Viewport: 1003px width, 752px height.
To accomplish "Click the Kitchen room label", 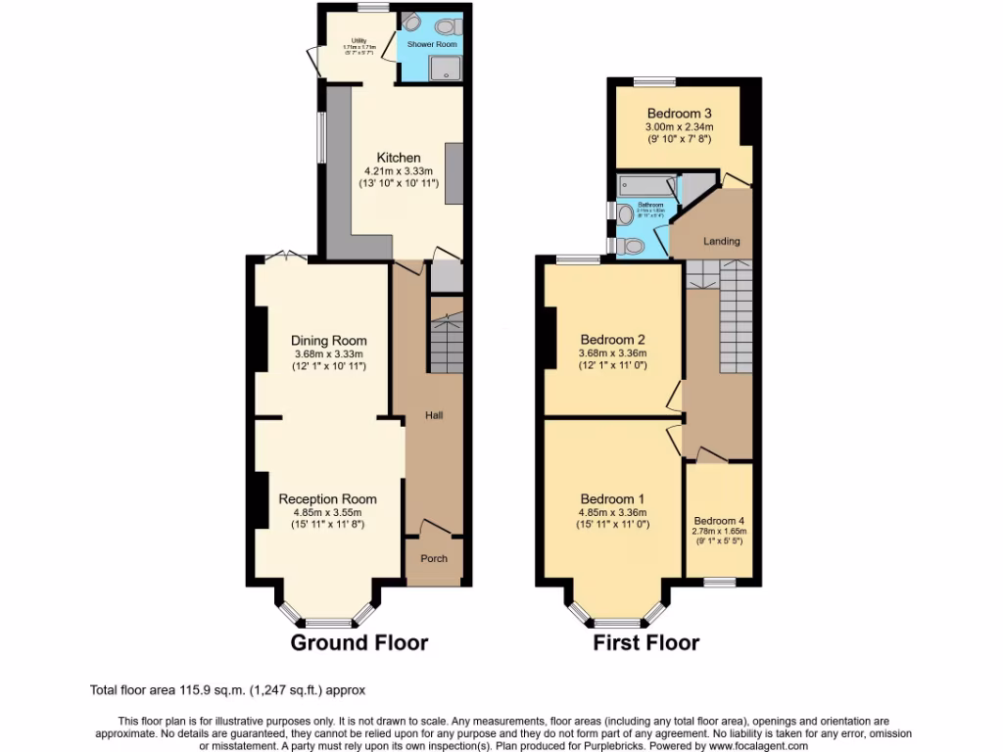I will click(x=399, y=158).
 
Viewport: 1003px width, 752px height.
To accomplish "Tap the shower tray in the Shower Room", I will click(x=446, y=67).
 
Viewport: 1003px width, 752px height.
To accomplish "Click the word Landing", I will click(x=722, y=241).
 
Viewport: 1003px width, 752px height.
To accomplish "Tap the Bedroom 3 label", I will click(x=678, y=113).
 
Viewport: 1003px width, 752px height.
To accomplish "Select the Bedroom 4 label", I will click(x=719, y=521).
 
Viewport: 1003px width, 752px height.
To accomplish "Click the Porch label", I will click(x=434, y=559).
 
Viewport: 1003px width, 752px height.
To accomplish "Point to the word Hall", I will click(x=434, y=416).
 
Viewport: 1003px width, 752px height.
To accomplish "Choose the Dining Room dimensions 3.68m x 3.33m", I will click(x=328, y=354).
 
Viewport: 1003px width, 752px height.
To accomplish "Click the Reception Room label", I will click(x=327, y=499).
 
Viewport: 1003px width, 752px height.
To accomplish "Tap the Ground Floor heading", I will click(x=359, y=643).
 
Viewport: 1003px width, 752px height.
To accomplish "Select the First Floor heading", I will click(x=646, y=643).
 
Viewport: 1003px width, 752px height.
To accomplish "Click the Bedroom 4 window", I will click(x=720, y=583).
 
